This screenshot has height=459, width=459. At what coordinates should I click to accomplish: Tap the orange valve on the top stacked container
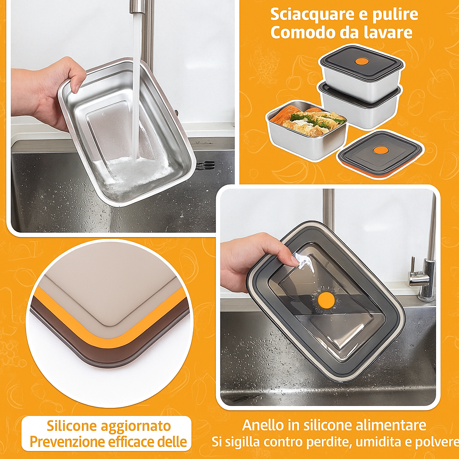click(x=362, y=61)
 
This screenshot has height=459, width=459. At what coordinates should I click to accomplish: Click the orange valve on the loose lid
click(x=381, y=150)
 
